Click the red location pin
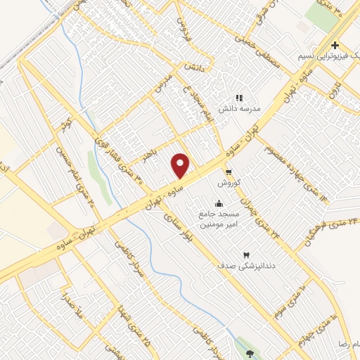click(181, 165)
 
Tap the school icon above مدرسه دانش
click(239, 98)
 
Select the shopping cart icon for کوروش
click(228, 172)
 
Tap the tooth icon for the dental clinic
click(245, 255)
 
